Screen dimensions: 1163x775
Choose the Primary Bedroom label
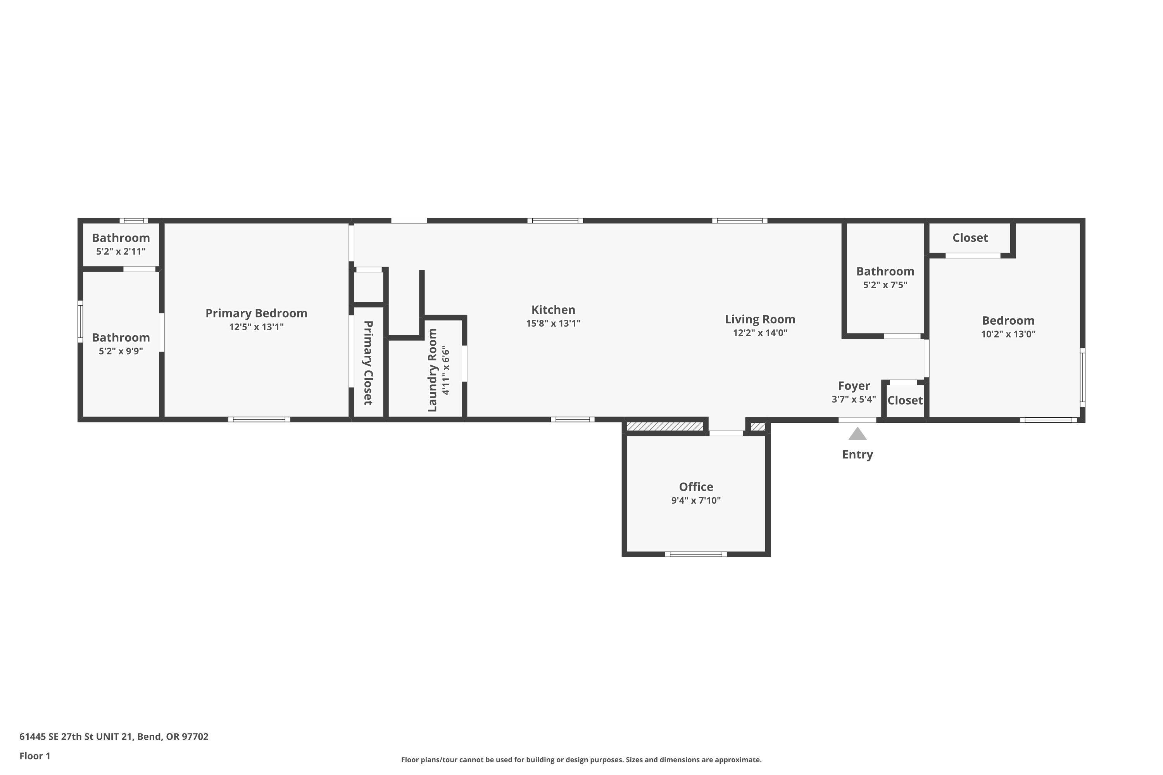pyautogui.click(x=256, y=313)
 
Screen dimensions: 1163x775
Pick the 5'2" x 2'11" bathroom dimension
pyautogui.click(x=121, y=251)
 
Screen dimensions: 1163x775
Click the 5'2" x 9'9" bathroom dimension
pyautogui.click(x=121, y=351)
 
